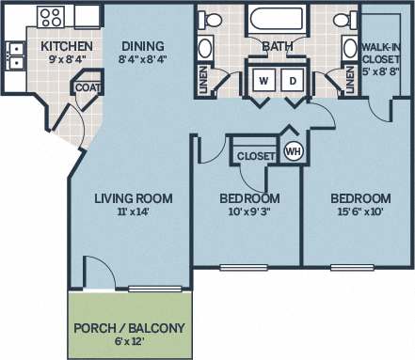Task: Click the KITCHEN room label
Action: click(x=66, y=45)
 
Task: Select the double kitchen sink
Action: click(x=15, y=56)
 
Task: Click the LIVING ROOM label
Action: click(x=133, y=197)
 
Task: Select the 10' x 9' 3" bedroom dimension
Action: click(x=249, y=213)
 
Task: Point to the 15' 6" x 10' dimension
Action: click(x=360, y=213)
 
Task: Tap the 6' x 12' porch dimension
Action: click(x=130, y=342)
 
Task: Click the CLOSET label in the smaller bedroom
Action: click(x=254, y=155)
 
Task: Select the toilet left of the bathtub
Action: click(x=213, y=21)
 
